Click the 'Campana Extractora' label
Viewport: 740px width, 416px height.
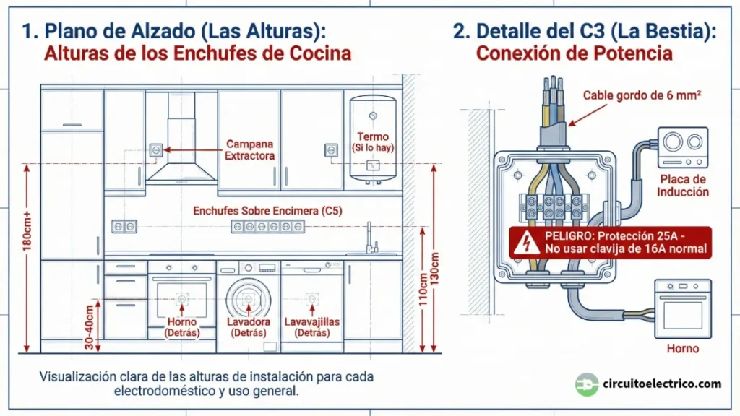coord(250,149)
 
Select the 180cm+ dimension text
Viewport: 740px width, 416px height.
coord(27,230)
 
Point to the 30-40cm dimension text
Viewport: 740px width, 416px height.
coord(89,327)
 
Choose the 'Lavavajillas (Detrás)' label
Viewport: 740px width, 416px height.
coord(312,327)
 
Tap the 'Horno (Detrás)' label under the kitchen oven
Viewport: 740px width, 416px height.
coord(181,327)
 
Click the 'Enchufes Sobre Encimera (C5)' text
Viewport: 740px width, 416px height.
coord(267,211)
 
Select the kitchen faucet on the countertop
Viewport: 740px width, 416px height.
coord(369,238)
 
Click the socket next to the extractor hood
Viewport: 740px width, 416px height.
coord(155,149)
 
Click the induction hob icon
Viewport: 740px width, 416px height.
coord(682,148)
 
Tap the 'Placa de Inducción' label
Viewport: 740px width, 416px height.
coord(682,186)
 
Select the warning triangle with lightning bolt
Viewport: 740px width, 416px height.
coord(525,243)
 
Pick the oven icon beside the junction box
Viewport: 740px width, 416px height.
coord(682,309)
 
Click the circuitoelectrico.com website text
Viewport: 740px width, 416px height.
coord(662,383)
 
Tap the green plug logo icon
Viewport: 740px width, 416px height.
coord(586,383)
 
